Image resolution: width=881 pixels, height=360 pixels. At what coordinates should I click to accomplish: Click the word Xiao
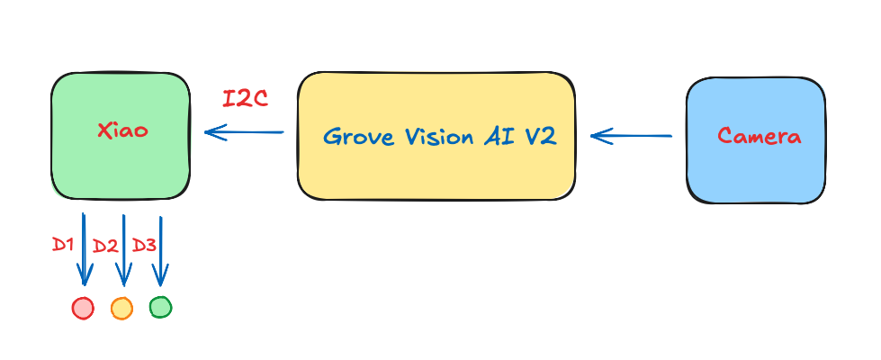pyautogui.click(x=122, y=130)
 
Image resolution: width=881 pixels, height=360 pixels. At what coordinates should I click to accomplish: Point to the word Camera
pyautogui.click(x=759, y=137)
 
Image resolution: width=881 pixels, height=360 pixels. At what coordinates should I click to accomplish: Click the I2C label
pyautogui.click(x=246, y=99)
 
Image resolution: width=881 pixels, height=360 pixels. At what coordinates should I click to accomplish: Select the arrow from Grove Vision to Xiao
pyautogui.click(x=244, y=133)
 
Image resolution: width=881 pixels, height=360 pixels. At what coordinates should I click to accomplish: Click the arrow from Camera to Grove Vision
pyautogui.click(x=631, y=136)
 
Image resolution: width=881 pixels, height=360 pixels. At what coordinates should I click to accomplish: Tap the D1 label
pyautogui.click(x=62, y=245)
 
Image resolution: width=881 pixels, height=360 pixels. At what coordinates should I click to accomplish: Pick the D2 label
pyautogui.click(x=105, y=246)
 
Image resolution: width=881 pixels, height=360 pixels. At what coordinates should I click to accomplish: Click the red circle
pyautogui.click(x=83, y=308)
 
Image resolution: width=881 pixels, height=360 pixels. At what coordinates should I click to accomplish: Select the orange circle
pyautogui.click(x=121, y=308)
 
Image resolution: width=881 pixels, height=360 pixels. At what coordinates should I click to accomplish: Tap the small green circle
pyautogui.click(x=160, y=307)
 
